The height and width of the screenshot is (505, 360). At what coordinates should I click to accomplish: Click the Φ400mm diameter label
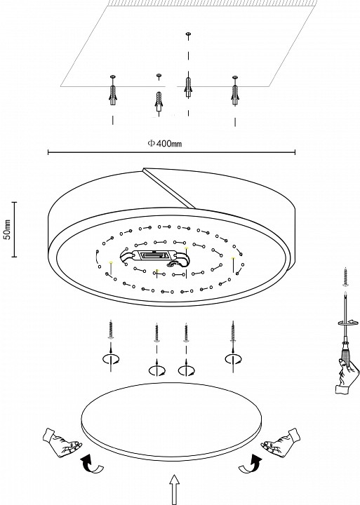tap(165, 143)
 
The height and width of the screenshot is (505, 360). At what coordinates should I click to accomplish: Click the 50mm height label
tap(7, 229)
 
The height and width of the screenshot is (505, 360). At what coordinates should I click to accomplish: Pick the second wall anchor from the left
tap(158, 97)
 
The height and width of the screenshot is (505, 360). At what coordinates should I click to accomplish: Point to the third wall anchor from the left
tap(187, 87)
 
